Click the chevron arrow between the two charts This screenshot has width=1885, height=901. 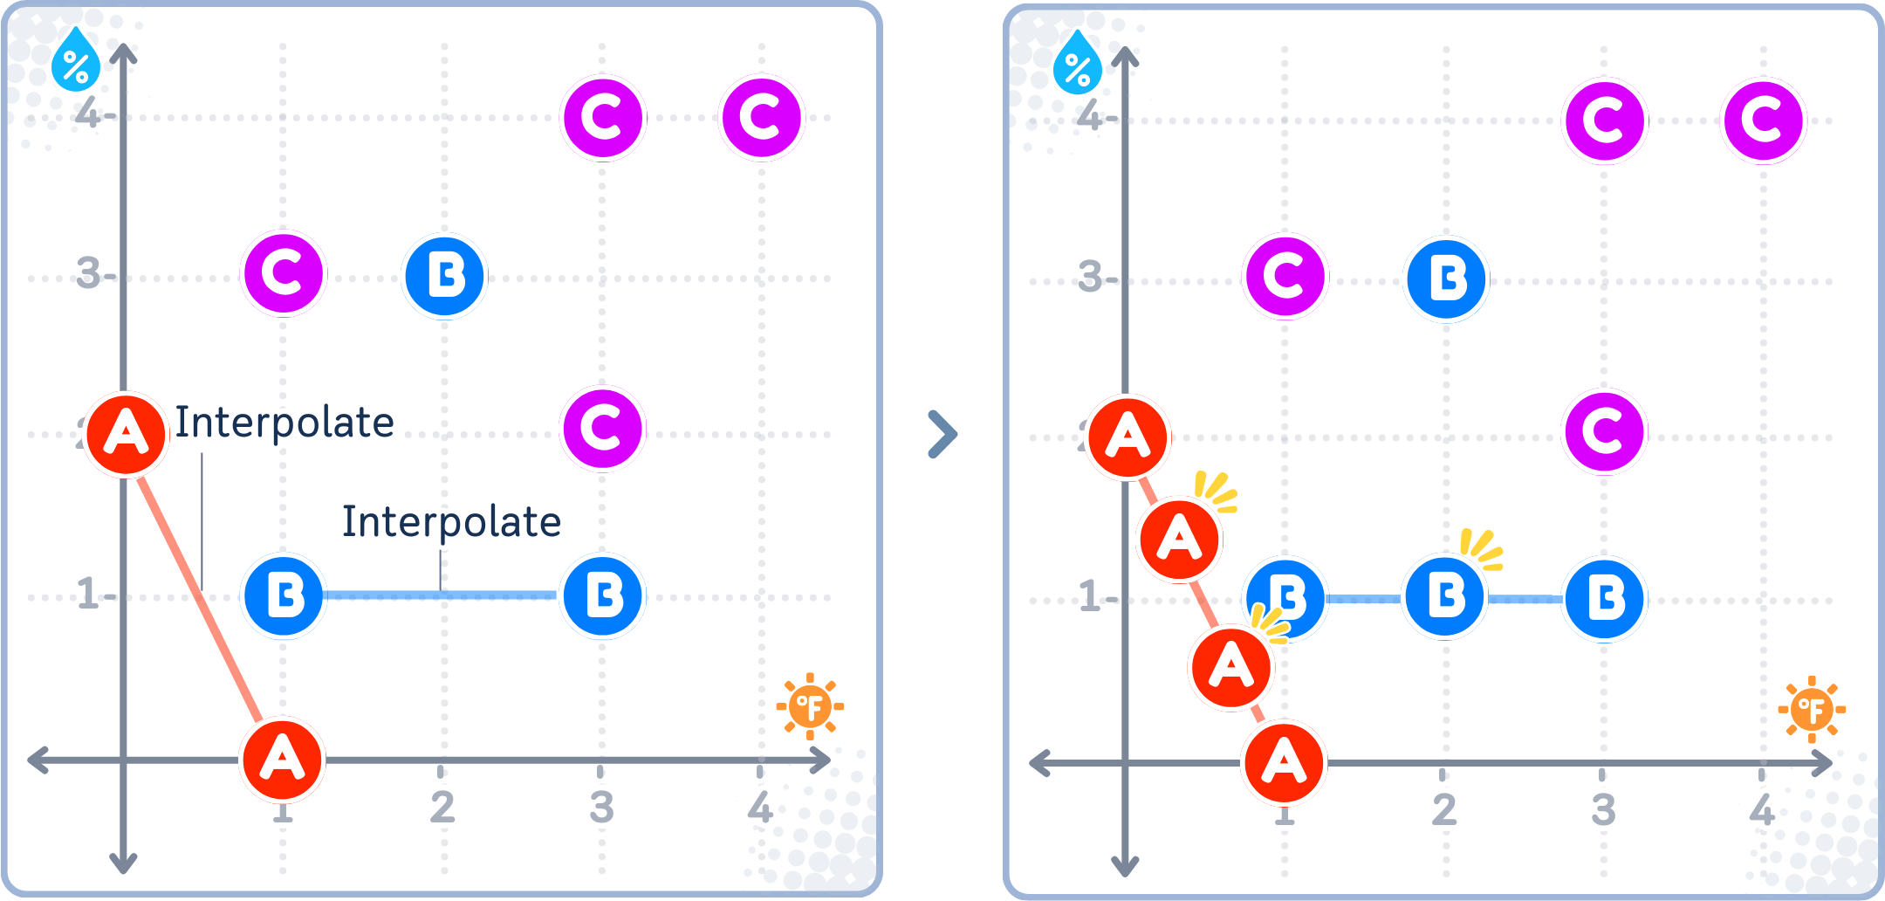942,433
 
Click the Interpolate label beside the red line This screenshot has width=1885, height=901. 284,423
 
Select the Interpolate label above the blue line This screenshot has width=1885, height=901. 451,522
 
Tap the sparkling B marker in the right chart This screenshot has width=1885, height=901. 1445,597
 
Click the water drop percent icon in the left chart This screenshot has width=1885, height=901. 76,61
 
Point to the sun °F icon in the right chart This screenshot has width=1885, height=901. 1812,710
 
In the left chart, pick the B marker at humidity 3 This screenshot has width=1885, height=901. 445,277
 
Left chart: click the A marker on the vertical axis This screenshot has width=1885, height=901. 127,434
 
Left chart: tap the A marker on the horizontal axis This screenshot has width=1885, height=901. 283,759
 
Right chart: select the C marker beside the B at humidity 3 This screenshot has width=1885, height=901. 1285,278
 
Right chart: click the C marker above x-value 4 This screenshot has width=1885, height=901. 1763,120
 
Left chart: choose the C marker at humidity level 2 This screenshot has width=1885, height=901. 603,428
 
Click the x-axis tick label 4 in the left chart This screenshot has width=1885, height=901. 760,808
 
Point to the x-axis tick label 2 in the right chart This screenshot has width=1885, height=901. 1443,810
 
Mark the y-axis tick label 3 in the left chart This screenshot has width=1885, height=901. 89,274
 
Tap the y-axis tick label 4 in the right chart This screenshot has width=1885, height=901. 1090,116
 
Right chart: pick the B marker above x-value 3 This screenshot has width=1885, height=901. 1605,600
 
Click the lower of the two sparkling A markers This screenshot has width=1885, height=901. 1231,668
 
